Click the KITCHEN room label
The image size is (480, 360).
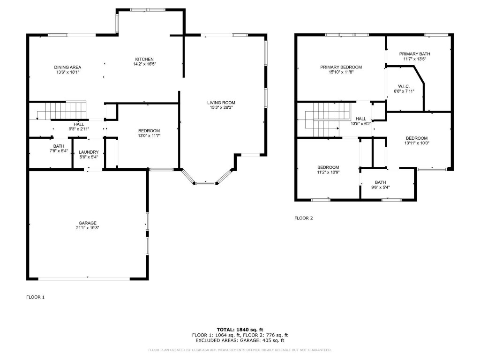pyautogui.click(x=144, y=59)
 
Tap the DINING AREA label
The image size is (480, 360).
pyautogui.click(x=67, y=67)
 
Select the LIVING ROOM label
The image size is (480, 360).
pyautogui.click(x=221, y=103)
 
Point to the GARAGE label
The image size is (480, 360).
pyautogui.click(x=88, y=223)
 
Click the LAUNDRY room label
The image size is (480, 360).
pyautogui.click(x=89, y=152)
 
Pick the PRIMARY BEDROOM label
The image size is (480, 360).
pyautogui.click(x=341, y=67)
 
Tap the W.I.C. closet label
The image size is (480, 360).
pyautogui.click(x=404, y=86)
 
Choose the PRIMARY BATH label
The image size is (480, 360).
pyautogui.click(x=414, y=54)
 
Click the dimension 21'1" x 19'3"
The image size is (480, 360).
pyautogui.click(x=88, y=228)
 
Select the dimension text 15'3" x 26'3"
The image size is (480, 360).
pyautogui.click(x=221, y=107)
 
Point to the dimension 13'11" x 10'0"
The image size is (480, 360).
pyautogui.click(x=417, y=143)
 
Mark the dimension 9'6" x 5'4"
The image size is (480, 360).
pyautogui.click(x=381, y=187)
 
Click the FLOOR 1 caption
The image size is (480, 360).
pyautogui.click(x=36, y=297)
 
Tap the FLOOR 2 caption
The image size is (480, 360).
pyautogui.click(x=304, y=218)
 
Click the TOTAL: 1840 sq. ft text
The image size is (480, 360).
pyautogui.click(x=240, y=330)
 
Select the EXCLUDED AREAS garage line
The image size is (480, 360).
pyautogui.click(x=240, y=340)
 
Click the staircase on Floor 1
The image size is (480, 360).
pyautogui.click(x=66, y=110)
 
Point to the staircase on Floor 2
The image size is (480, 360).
pyautogui.click(x=328, y=120)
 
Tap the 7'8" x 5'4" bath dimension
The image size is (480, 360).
pyautogui.click(x=59, y=151)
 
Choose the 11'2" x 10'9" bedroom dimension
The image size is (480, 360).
pyautogui.click(x=328, y=172)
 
